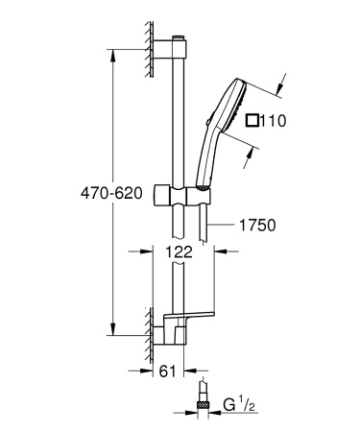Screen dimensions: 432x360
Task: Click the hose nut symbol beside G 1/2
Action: click(204, 398)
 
